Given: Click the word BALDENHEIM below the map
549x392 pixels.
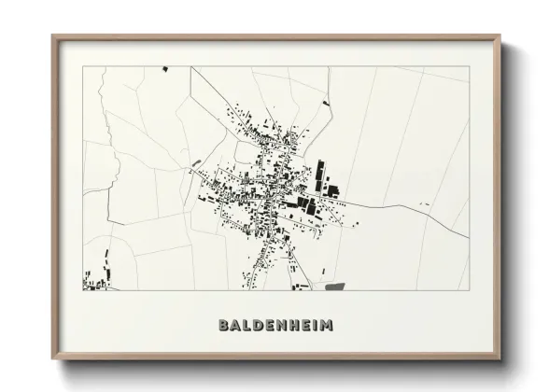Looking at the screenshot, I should click(x=274, y=326).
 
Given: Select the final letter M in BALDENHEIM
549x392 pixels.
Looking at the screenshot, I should click(x=326, y=326).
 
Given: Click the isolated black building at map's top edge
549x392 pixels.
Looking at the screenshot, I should click(x=164, y=68).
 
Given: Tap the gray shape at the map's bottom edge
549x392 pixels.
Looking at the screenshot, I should click(x=334, y=286).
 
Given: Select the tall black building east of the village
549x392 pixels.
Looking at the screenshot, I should click(x=320, y=174).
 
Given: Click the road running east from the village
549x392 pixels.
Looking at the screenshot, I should click(x=392, y=204).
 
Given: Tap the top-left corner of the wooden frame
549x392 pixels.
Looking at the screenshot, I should click(x=53, y=37).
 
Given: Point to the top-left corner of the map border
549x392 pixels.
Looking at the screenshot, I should click(x=83, y=66).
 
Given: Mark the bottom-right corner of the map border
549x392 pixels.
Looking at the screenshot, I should click(x=468, y=290).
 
